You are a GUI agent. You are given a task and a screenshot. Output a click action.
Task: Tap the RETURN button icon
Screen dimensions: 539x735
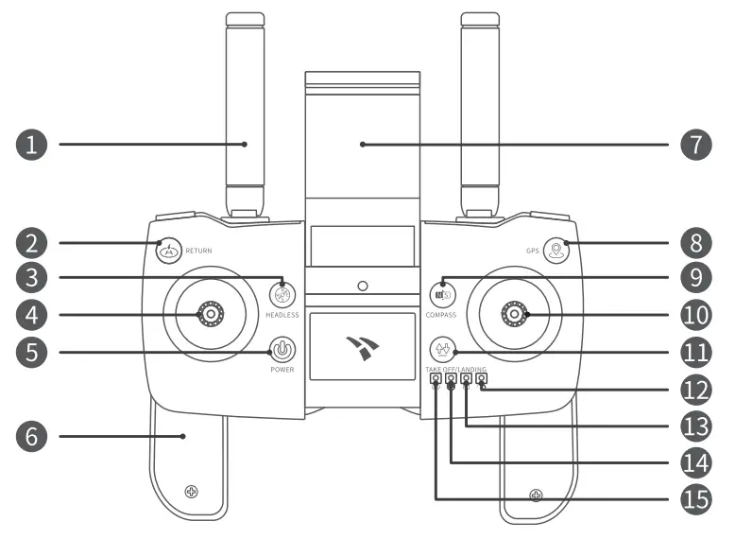pos(168,251)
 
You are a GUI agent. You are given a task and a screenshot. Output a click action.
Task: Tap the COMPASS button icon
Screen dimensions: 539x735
pos(440,293)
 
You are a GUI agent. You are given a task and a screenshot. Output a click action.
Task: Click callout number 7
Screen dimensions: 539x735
pos(696,145)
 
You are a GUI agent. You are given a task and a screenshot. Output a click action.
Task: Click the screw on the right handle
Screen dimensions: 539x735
pos(537,495)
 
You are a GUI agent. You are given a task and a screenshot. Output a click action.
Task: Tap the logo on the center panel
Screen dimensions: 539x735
pos(362,346)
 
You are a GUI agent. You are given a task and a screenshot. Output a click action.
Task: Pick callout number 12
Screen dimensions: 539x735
pos(696,388)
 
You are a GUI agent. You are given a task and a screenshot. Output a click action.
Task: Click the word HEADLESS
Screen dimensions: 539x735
pos(282,314)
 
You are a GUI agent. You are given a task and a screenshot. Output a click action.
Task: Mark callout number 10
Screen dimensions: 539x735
pos(696,314)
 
